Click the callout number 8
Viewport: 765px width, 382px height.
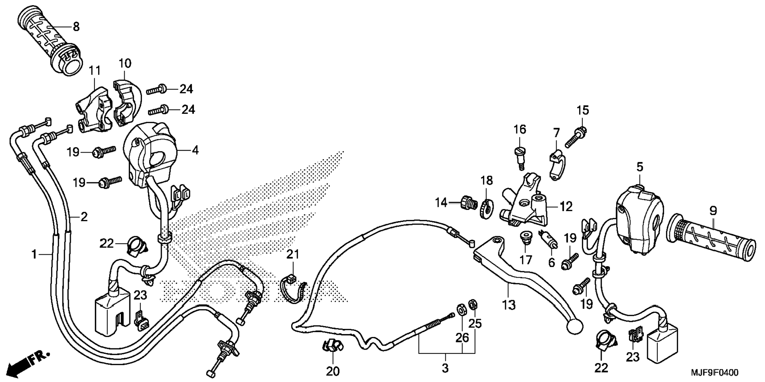76,27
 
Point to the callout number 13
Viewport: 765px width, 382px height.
509,305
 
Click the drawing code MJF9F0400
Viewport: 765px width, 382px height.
714,373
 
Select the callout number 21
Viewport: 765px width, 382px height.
293,254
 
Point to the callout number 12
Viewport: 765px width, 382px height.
566,206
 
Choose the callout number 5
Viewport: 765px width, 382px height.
640,167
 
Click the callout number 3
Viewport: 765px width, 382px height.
445,368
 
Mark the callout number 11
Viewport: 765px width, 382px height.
95,71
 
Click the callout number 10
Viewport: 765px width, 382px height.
125,63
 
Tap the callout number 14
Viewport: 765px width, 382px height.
441,203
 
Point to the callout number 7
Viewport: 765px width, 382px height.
556,132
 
